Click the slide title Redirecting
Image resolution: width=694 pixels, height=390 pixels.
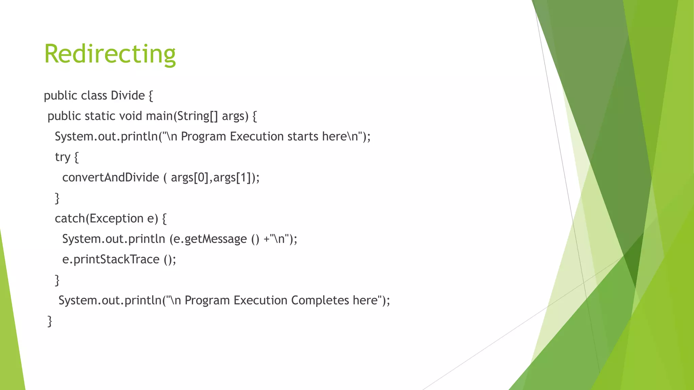(110, 54)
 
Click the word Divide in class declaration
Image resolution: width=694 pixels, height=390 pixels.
(128, 96)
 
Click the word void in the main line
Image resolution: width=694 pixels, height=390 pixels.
(130, 116)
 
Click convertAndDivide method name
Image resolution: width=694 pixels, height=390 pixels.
(110, 177)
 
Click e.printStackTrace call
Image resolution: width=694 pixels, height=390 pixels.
(110, 259)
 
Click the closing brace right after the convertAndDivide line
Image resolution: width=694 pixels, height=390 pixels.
(57, 198)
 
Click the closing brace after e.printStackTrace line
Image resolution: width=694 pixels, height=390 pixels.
(57, 280)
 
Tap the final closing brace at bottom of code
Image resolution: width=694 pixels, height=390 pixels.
(50, 321)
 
